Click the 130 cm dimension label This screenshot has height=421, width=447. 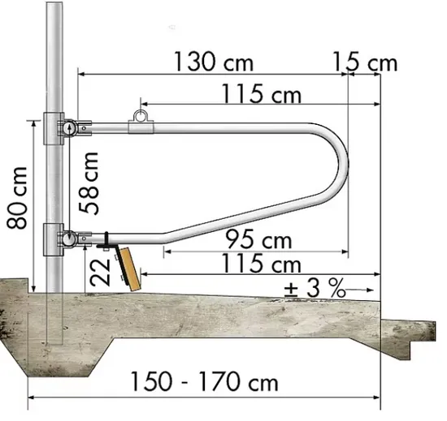click(x=212, y=62)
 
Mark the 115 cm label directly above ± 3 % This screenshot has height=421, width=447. click(x=262, y=264)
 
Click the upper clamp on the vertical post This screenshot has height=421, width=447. click(x=63, y=128)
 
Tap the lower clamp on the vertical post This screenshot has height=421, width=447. click(x=62, y=238)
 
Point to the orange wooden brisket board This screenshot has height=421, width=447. click(x=128, y=265)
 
